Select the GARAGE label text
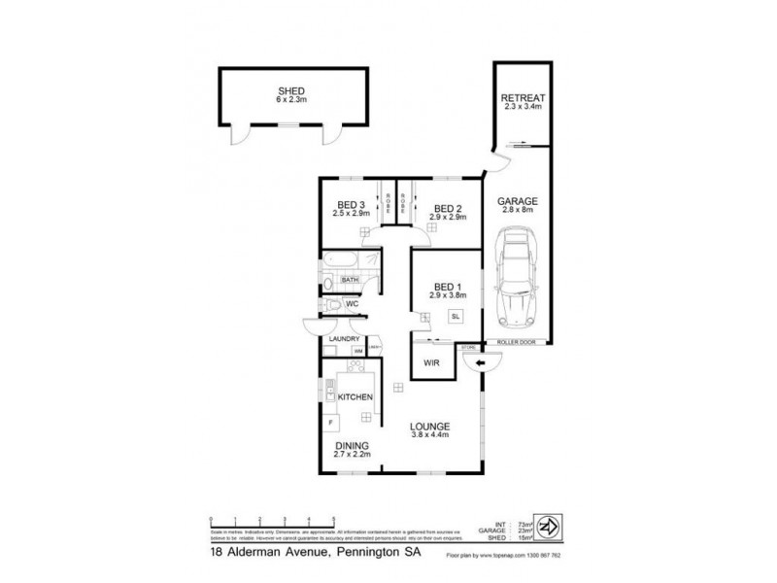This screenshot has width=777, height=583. click(x=519, y=202)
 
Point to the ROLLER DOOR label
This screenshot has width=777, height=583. click(x=516, y=341)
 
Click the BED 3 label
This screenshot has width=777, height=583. click(x=350, y=205)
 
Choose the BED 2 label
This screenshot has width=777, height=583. click(x=446, y=208)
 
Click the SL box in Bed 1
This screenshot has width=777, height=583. click(x=455, y=315)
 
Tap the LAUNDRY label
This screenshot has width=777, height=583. click(x=344, y=338)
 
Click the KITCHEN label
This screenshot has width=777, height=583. click(x=355, y=398)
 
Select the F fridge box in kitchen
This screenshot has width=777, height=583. click(x=331, y=424)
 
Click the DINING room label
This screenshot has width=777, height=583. click(x=352, y=445)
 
